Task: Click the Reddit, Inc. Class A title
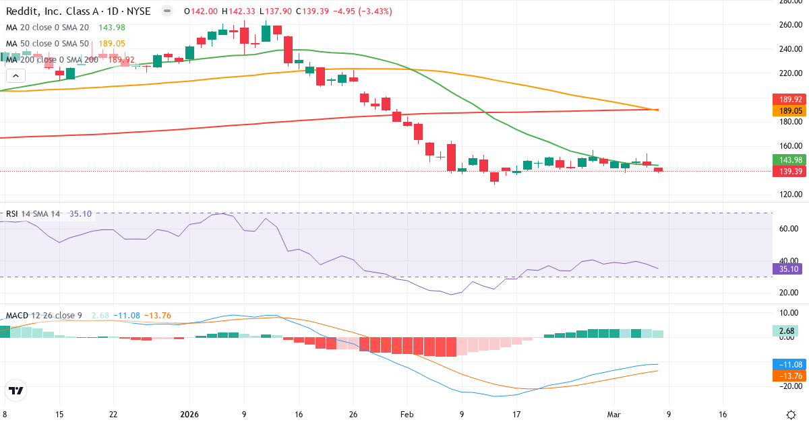click(x=78, y=11)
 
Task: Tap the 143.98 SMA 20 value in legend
click(x=112, y=28)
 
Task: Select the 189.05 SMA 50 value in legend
click(x=112, y=44)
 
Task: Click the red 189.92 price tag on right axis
click(x=788, y=99)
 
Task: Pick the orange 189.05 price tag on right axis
click(x=788, y=110)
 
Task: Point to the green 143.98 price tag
click(x=788, y=160)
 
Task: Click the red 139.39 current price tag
click(x=788, y=172)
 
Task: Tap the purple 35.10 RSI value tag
click(x=788, y=269)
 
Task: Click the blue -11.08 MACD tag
click(x=788, y=364)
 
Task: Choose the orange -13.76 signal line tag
click(x=788, y=376)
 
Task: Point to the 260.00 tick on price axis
click(x=789, y=25)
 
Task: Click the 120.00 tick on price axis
click(x=789, y=195)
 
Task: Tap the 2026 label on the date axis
click(x=189, y=415)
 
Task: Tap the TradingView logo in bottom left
click(x=16, y=390)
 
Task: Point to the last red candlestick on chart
click(x=658, y=169)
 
